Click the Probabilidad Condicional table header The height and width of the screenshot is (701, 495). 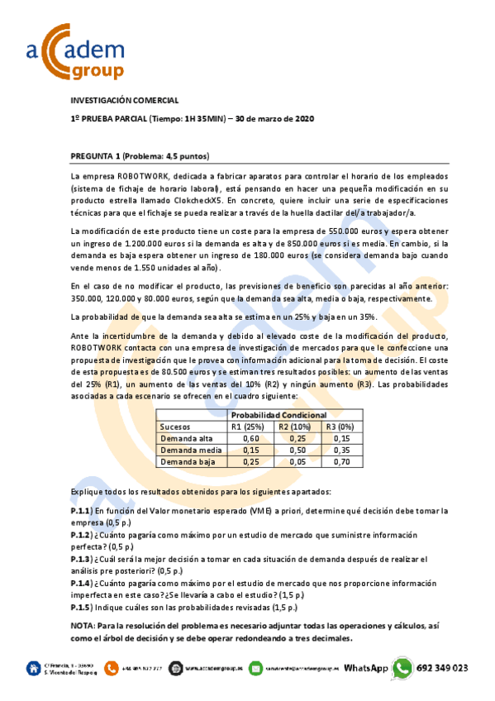278,415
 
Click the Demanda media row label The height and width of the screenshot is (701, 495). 187,451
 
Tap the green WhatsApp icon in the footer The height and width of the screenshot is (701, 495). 402,668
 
